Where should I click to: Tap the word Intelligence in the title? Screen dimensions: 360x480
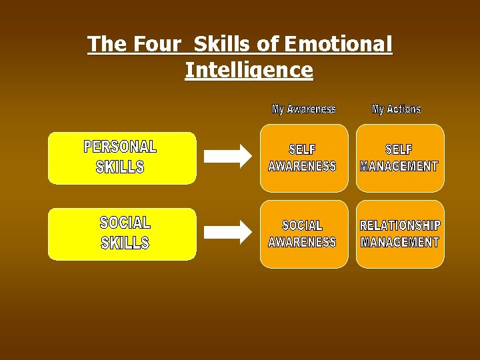click(249, 70)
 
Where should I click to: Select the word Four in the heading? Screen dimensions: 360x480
click(157, 45)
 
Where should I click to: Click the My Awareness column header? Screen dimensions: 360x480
click(304, 109)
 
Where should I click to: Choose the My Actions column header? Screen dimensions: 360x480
click(396, 109)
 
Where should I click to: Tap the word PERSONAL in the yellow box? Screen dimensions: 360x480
click(120, 147)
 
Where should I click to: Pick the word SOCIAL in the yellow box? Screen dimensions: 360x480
click(125, 222)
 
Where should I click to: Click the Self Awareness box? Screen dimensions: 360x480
click(303, 158)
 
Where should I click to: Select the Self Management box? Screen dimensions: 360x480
click(399, 158)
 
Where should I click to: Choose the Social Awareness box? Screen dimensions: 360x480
click(303, 234)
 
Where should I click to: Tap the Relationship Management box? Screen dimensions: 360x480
click(399, 234)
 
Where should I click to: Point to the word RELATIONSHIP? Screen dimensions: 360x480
click(400, 225)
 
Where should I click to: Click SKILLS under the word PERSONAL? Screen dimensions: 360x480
click(120, 167)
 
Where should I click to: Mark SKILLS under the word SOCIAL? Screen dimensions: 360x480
click(125, 243)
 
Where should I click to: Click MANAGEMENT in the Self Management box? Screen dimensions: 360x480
click(399, 167)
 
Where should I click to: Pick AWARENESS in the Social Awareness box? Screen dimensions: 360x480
click(302, 242)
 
